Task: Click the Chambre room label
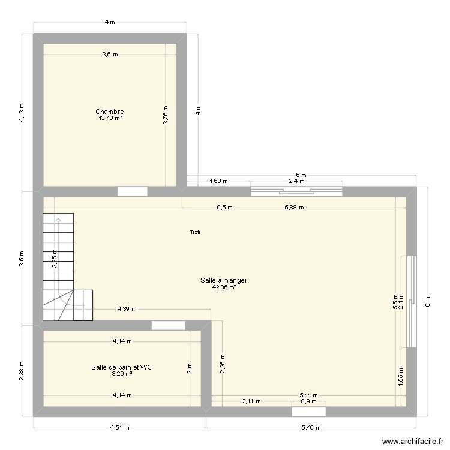tap(110, 112)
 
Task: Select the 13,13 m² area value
tap(110, 118)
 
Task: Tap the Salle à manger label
tap(224, 280)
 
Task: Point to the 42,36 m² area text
tap(224, 287)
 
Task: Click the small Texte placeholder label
tap(196, 232)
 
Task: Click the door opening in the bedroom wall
tap(132, 191)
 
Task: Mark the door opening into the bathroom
tap(169, 325)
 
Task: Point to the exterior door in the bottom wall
tap(309, 412)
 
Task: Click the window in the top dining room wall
tap(296, 191)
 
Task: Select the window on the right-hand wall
tap(411, 302)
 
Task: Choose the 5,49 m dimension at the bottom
tap(311, 428)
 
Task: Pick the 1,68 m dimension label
tap(218, 181)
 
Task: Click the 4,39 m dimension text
tap(127, 310)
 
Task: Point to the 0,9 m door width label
tap(309, 401)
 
